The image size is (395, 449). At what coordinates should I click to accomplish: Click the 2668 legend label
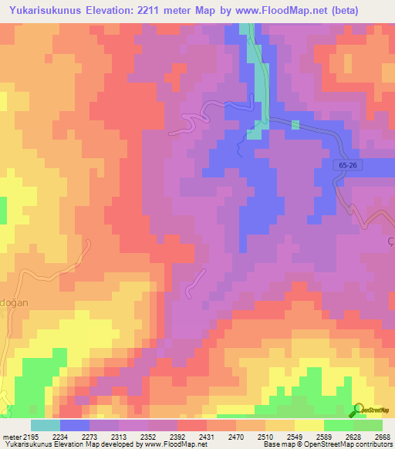click(380, 437)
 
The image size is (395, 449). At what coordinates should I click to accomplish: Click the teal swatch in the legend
click(45, 425)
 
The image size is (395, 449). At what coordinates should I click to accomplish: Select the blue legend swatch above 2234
click(74, 425)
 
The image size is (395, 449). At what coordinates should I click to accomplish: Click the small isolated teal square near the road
click(295, 124)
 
